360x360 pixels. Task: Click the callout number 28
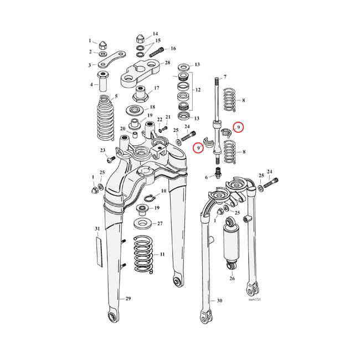point(167,64)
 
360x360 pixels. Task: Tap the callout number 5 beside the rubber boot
point(116,97)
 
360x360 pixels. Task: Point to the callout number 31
point(97,229)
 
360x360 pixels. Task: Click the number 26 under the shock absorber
point(232,278)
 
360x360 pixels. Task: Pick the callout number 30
point(219,301)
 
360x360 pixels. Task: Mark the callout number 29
point(128,299)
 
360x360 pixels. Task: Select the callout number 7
point(225,76)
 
